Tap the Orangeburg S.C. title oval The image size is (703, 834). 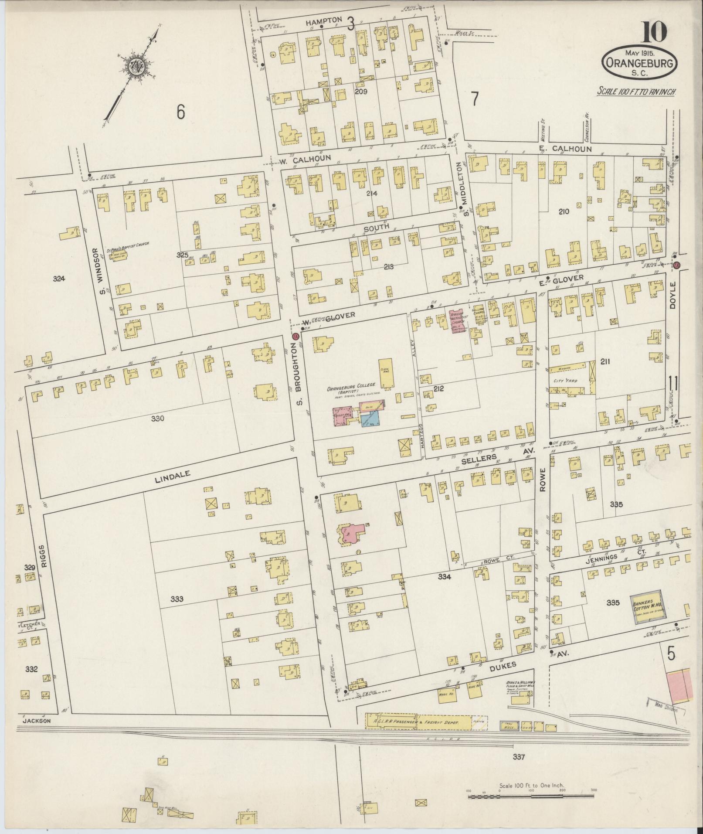click(639, 64)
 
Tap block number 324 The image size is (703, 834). click(59, 279)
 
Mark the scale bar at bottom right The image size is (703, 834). click(531, 796)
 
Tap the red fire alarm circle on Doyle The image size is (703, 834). click(676, 265)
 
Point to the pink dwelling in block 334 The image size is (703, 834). click(351, 534)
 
